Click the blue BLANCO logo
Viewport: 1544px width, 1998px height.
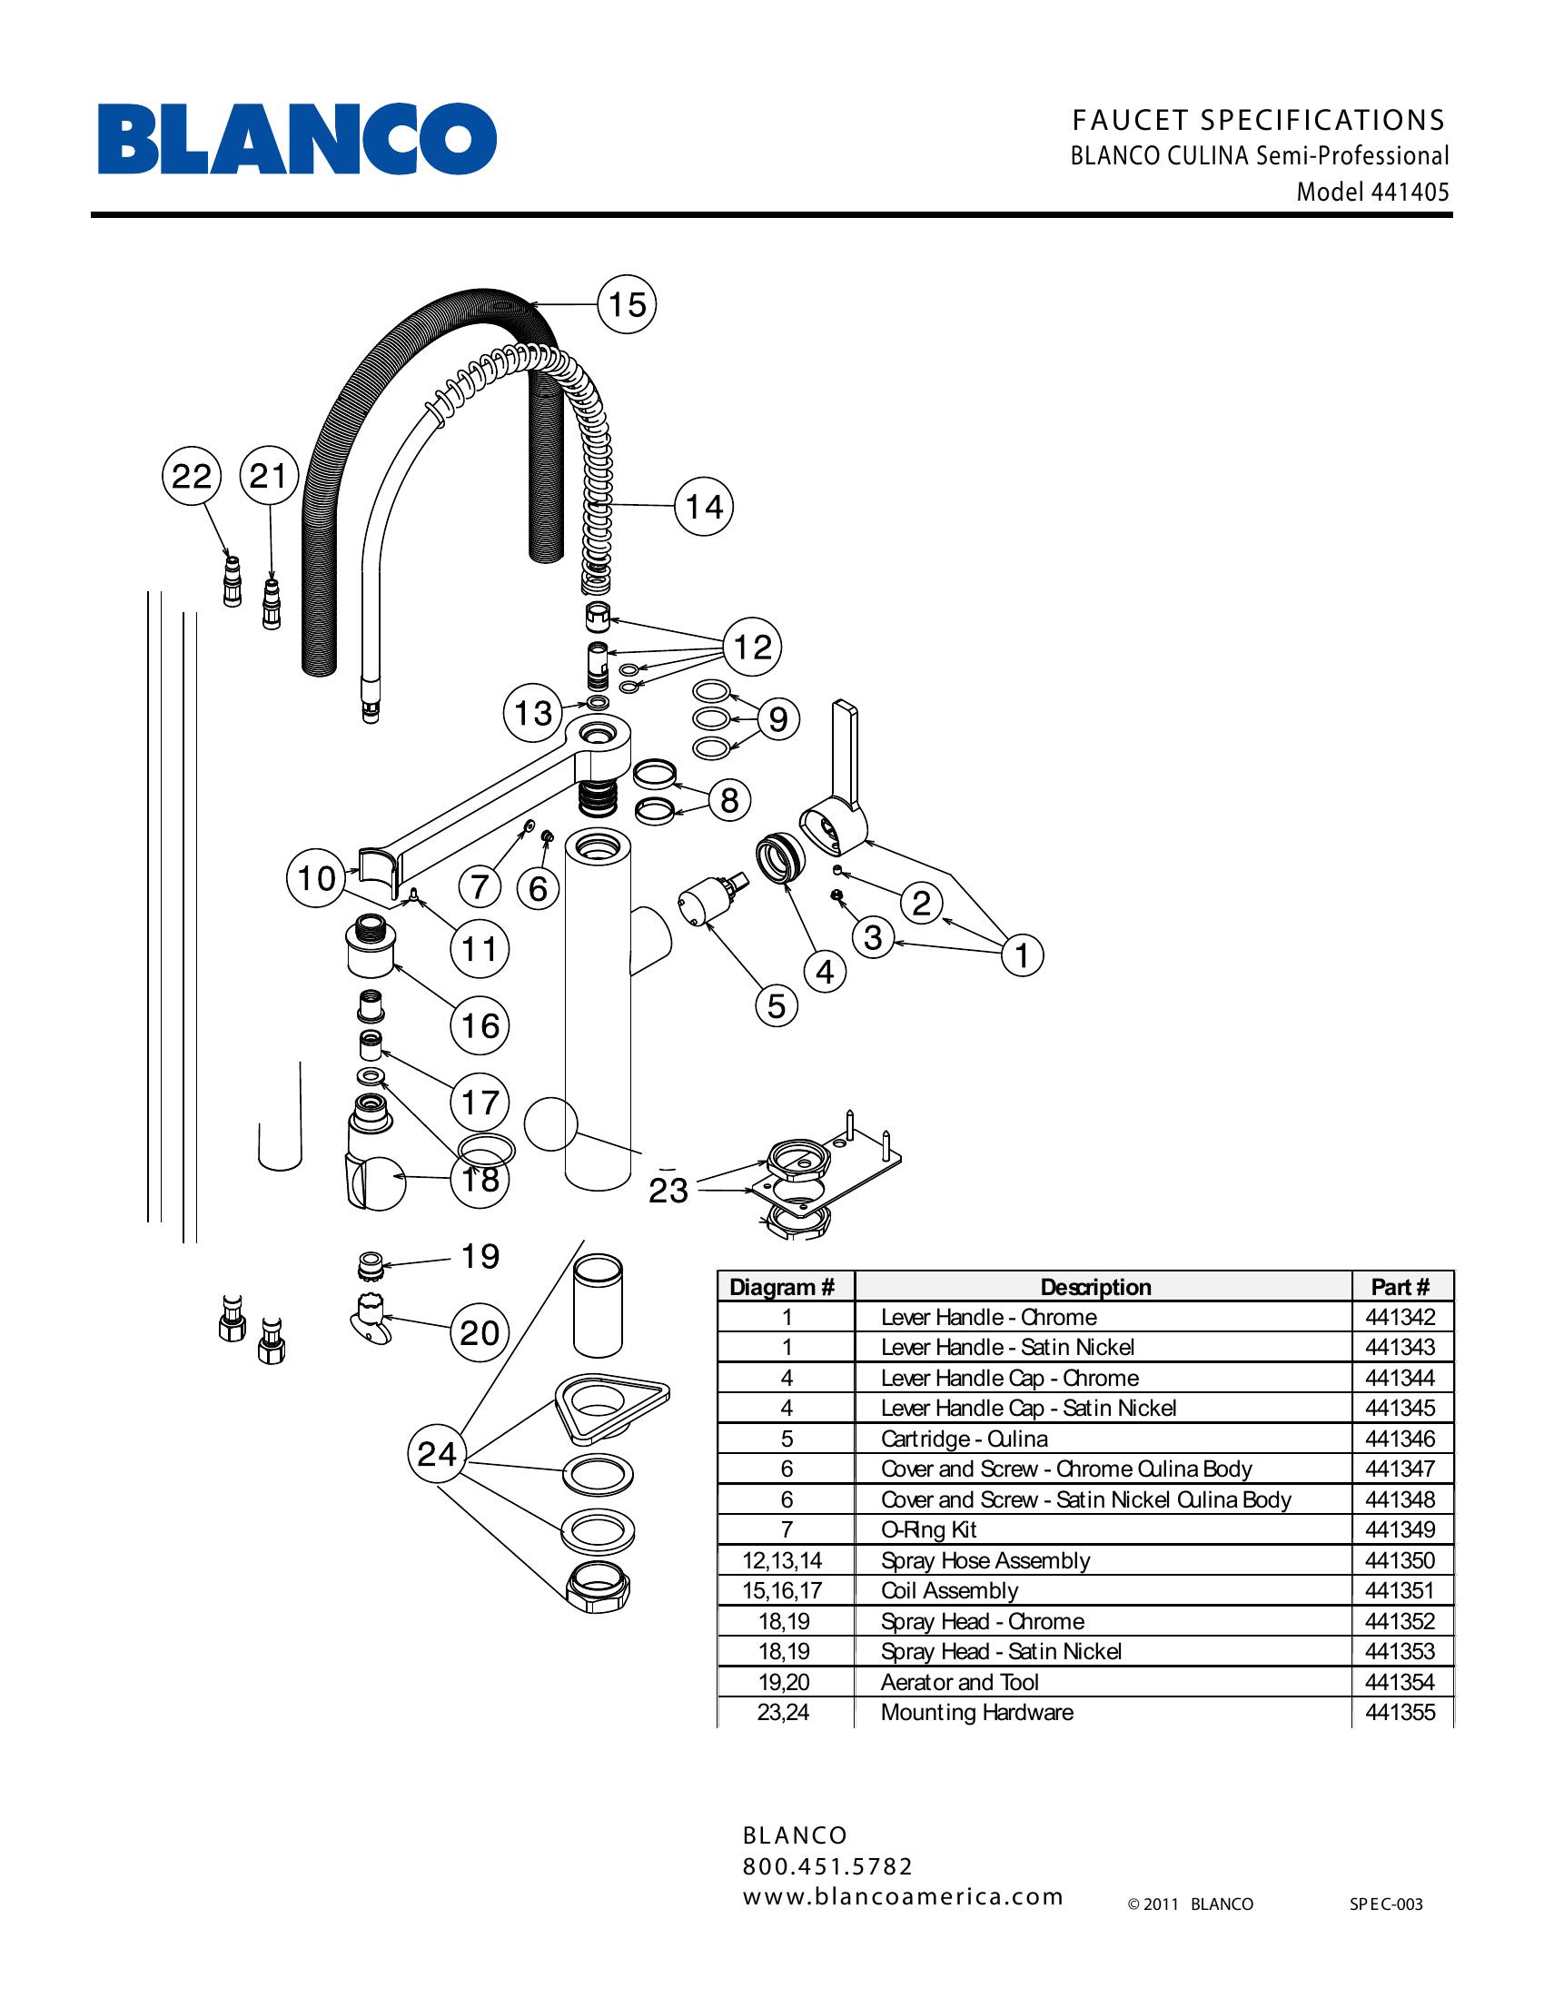coord(297,139)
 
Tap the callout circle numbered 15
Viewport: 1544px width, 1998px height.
coord(627,304)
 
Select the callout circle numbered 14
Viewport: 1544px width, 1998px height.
coord(703,507)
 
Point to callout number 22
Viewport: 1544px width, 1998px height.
coord(191,477)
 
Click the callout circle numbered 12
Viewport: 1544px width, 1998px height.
coord(752,648)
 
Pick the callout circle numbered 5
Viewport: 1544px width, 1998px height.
coord(776,1005)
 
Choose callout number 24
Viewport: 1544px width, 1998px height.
coord(436,1454)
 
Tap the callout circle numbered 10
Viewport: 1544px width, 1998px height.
coord(316,878)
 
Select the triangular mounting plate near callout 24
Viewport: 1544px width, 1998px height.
coord(611,1402)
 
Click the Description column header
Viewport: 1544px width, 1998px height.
coord(1095,1287)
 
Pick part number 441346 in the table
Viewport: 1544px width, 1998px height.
coord(1400,1439)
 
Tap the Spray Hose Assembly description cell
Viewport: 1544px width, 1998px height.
coord(985,1560)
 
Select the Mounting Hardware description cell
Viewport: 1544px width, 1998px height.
coord(977,1713)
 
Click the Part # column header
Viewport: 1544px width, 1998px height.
coord(1400,1287)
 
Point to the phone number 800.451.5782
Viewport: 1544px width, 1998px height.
coord(826,1866)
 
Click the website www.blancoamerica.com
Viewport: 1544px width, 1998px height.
coord(903,1896)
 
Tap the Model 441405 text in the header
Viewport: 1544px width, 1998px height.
coord(1372,193)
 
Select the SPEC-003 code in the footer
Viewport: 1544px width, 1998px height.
coord(1386,1904)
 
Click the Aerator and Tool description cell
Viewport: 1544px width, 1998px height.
coord(959,1682)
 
